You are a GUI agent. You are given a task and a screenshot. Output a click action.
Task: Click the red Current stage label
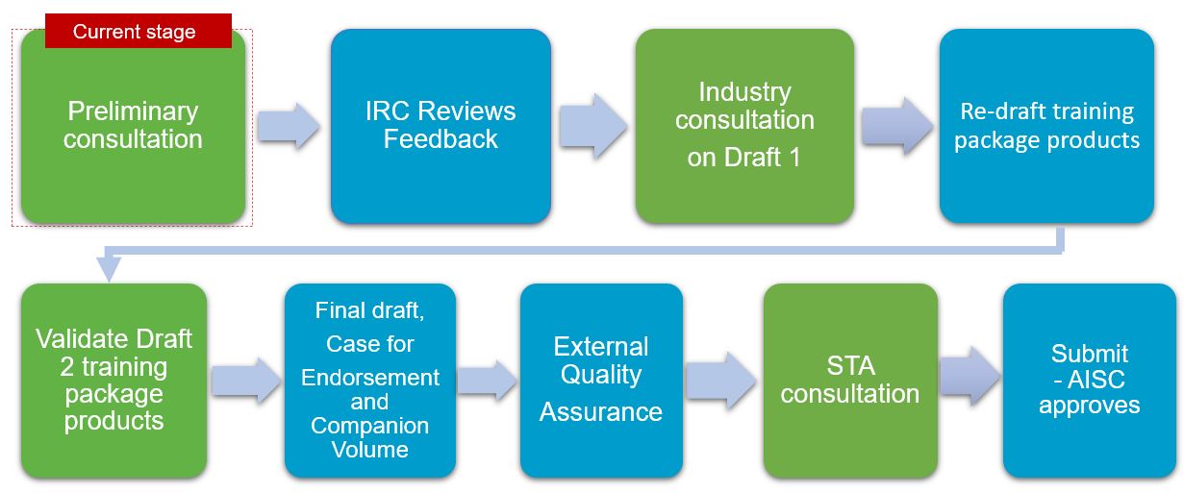(138, 31)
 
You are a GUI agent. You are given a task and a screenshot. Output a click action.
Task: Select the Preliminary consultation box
(133, 127)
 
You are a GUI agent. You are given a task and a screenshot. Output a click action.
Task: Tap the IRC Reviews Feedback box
(441, 126)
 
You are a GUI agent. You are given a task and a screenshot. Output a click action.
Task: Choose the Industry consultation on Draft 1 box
(744, 126)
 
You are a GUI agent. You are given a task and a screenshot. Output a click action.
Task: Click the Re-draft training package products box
(1046, 126)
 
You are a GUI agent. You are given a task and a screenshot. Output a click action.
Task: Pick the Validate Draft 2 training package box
(113, 381)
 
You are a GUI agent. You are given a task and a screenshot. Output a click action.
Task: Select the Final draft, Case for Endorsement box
(370, 381)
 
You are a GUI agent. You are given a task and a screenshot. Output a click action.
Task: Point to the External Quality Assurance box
(601, 381)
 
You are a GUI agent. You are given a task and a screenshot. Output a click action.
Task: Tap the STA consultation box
(850, 381)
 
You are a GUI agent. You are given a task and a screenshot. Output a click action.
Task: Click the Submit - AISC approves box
(1090, 381)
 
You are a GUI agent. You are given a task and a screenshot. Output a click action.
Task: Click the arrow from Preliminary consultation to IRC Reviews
(289, 126)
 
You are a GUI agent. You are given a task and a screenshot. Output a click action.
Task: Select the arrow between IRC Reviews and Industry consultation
(593, 126)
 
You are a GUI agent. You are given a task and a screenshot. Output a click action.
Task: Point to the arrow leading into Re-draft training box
(897, 126)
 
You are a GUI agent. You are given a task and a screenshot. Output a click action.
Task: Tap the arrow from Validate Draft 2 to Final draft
(246, 381)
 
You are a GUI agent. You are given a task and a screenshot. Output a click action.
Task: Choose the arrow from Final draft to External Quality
(487, 381)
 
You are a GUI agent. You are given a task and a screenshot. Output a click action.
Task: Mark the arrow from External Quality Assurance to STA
(721, 381)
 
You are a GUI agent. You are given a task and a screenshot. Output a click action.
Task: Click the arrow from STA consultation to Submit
(970, 377)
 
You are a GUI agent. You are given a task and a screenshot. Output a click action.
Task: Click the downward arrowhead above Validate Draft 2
(110, 268)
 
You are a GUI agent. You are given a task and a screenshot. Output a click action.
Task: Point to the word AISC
(1096, 380)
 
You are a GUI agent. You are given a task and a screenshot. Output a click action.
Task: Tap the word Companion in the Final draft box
(370, 426)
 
